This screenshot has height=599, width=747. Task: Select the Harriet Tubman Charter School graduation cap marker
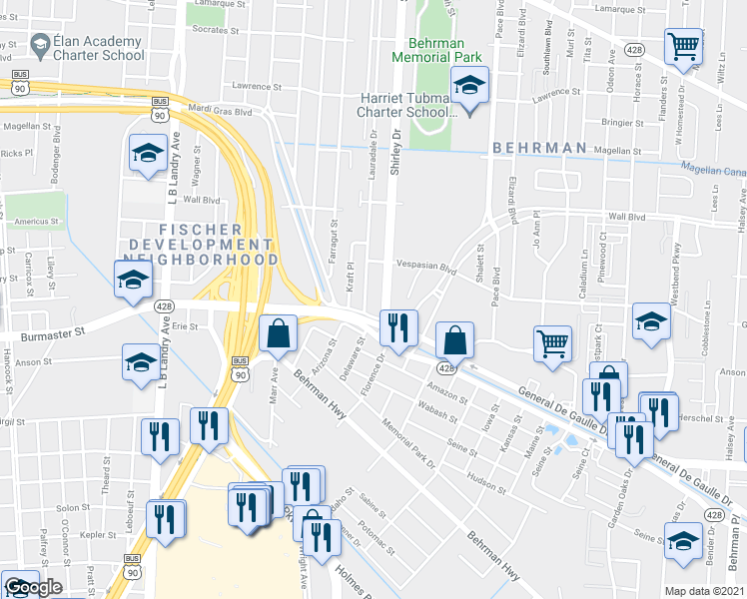pos(468,87)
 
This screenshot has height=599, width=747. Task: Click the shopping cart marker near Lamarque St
pos(683,45)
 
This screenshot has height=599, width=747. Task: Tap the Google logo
pos(33,587)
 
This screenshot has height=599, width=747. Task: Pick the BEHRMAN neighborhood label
pos(538,148)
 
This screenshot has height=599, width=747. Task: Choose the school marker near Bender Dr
pos(683,542)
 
